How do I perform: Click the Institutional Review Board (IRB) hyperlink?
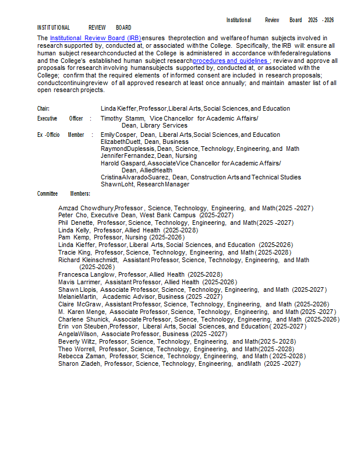click(96, 38)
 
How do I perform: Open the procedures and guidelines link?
click(230, 61)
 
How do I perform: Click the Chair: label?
click(43, 109)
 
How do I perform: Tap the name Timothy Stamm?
click(122, 118)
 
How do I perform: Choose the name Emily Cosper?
click(118, 135)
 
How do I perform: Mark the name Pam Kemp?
click(73, 237)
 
